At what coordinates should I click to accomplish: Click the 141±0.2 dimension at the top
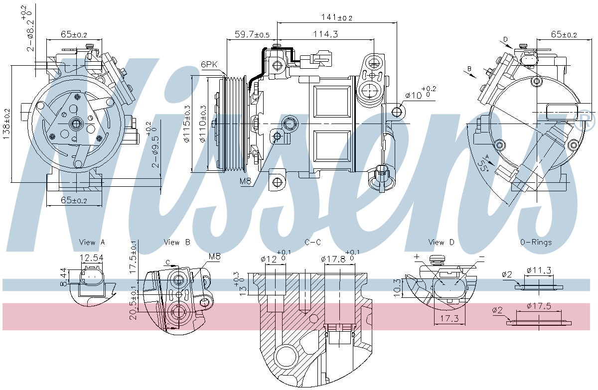pyautogui.click(x=337, y=17)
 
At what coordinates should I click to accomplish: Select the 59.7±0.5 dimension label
pyautogui.click(x=252, y=34)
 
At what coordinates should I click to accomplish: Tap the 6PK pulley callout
pyautogui.click(x=210, y=64)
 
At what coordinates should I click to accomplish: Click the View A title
pyautogui.click(x=92, y=243)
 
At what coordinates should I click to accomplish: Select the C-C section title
pyautogui.click(x=313, y=243)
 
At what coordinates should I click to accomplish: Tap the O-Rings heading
pyautogui.click(x=536, y=243)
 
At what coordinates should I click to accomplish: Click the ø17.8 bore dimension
pyautogui.click(x=333, y=259)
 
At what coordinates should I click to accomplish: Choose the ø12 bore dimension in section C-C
pyautogui.click(x=269, y=259)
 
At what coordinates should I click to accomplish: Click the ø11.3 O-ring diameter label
pyautogui.click(x=539, y=270)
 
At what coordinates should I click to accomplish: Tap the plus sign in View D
pyautogui.click(x=417, y=257)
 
